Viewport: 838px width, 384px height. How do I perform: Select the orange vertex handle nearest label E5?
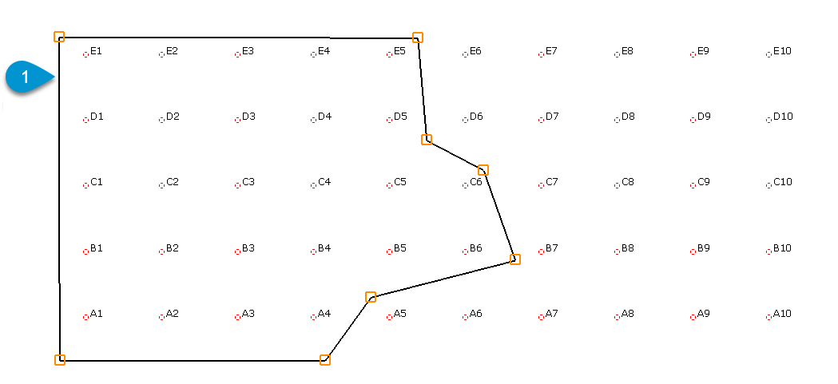418,38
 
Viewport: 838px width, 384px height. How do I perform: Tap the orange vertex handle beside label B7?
514,259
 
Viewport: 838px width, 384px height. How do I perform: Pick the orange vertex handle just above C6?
483,170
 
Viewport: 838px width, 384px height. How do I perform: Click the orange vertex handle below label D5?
427,140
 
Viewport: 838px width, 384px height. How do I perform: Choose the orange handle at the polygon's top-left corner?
59,37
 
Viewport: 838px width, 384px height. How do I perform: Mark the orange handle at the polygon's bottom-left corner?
60,360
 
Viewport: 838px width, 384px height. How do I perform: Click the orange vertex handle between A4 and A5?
371,297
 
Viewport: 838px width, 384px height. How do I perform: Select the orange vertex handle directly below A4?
325,360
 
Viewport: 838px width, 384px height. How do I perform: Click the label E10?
782,51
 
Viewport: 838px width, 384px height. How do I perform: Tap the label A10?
782,314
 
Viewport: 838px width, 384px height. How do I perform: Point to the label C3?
248,182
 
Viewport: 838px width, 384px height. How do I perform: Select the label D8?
628,117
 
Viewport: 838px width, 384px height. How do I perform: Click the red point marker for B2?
161,251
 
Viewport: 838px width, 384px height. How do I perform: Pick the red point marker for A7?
541,317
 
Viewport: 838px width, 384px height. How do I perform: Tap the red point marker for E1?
85,54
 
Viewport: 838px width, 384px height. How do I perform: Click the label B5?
400,248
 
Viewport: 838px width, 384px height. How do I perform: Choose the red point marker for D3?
237,120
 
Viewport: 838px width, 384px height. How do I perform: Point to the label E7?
552,51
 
